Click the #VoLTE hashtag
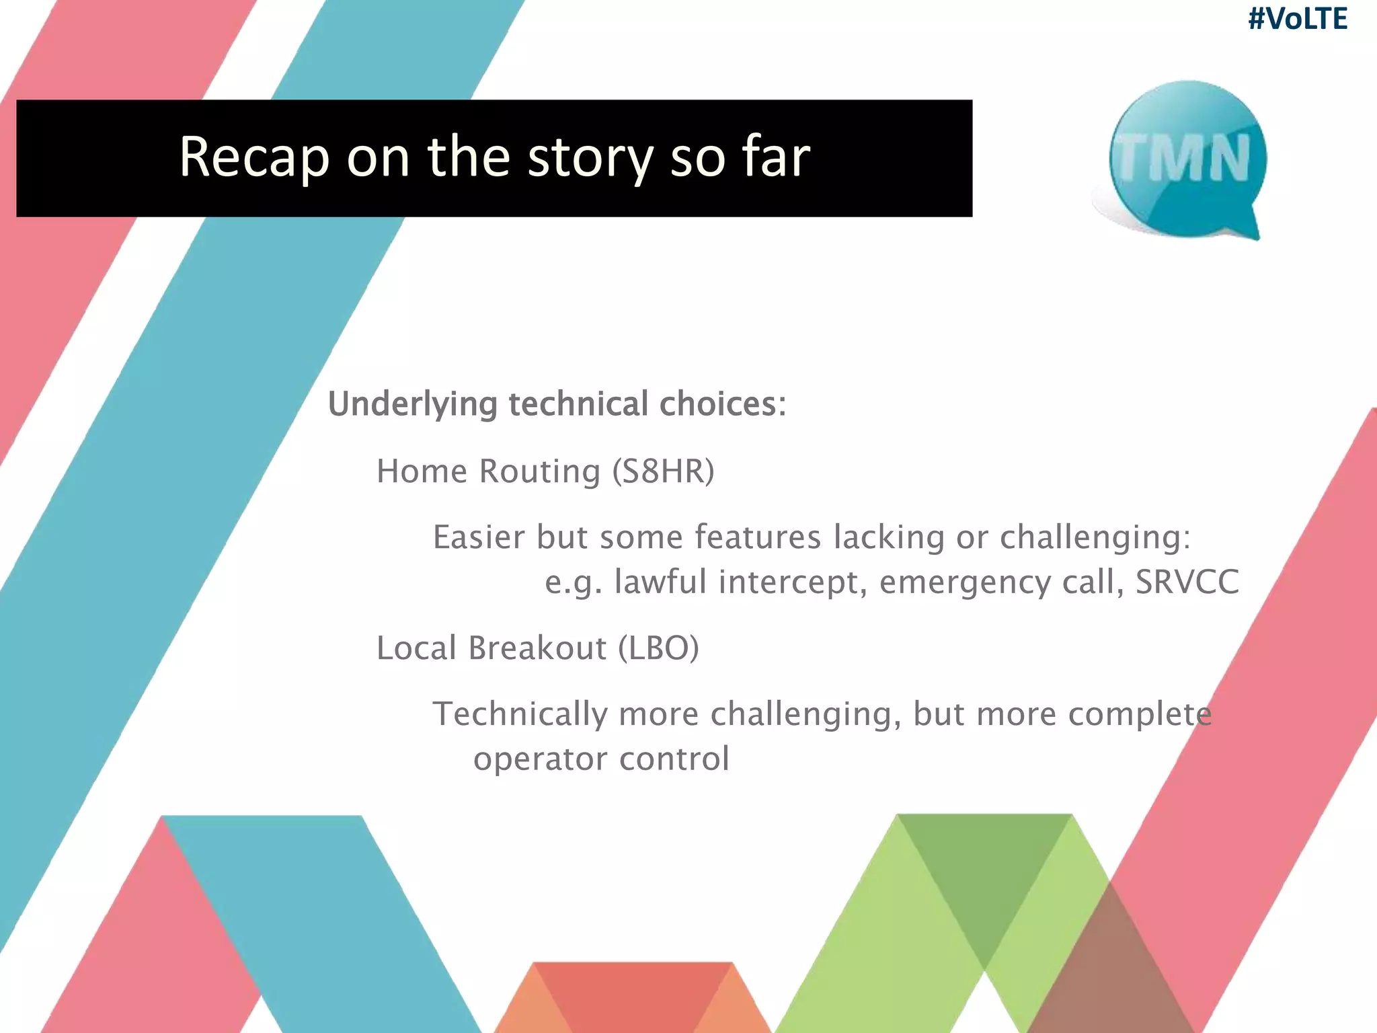pos(1297,19)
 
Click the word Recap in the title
pos(253,157)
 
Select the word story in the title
pos(590,157)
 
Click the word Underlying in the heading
pos(412,405)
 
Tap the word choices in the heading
pos(722,404)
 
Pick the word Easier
pos(478,537)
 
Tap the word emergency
pos(965,582)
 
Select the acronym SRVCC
pos(1187,582)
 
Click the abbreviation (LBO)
pos(658,648)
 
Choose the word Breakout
pos(537,648)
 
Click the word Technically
pos(520,714)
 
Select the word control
pos(674,759)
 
